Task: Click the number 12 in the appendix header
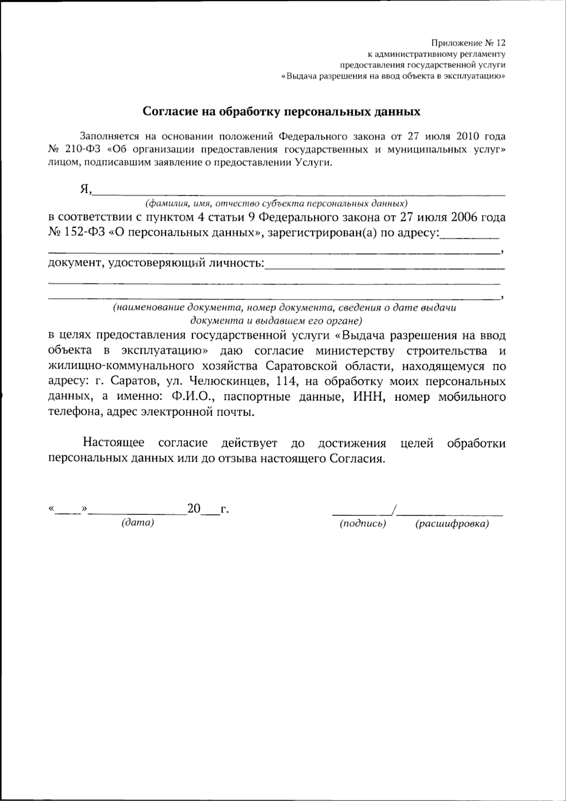tap(500, 43)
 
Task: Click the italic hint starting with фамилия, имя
tap(276, 203)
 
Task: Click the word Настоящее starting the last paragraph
tap(115, 443)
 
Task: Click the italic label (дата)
tap(138, 523)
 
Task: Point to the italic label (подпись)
tap(363, 524)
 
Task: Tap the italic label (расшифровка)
tap(451, 524)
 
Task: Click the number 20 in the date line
tap(194, 509)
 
